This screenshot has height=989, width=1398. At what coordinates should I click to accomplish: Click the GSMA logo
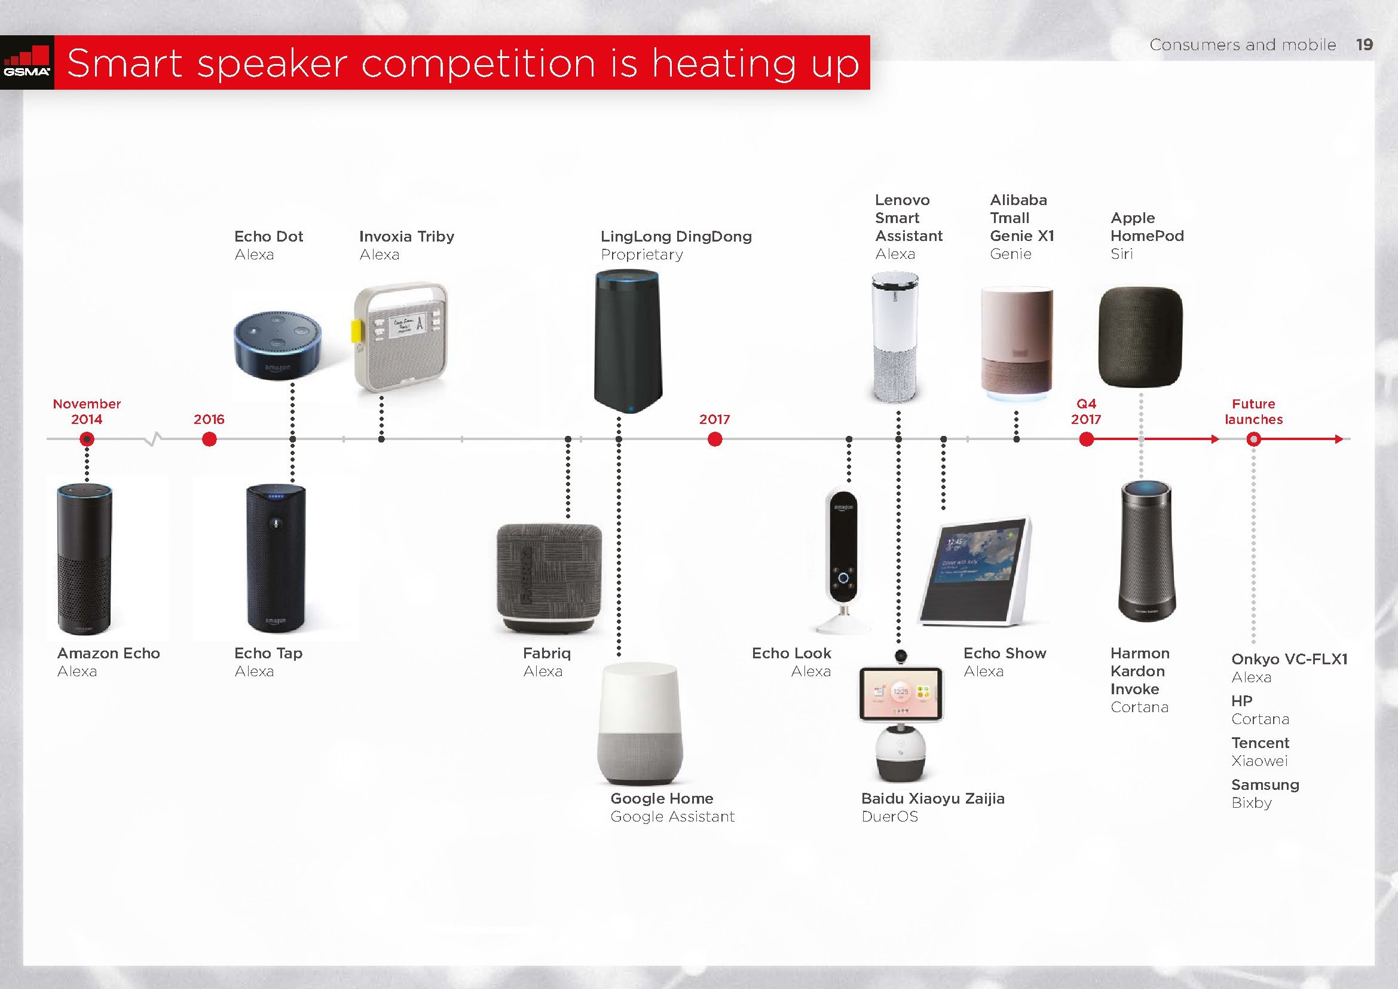(27, 63)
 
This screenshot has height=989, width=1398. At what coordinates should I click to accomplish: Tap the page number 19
(1365, 44)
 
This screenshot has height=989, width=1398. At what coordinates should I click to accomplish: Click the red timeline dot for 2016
(209, 439)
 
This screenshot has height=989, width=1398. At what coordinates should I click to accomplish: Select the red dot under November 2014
(87, 439)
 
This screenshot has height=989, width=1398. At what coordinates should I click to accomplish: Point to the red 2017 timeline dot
(715, 439)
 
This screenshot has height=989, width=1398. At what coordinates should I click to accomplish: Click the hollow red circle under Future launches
(1253, 439)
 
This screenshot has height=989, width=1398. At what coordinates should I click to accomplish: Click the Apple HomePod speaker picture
(1140, 337)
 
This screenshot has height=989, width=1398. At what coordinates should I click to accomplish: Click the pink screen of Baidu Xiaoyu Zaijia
(901, 693)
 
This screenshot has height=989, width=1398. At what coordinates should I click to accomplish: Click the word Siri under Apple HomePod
(1121, 254)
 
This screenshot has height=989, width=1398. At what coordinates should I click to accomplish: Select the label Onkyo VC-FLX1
(1290, 659)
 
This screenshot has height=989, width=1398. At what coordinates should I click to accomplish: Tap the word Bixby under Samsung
(1251, 802)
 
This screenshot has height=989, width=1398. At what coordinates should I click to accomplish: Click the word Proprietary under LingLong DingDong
(642, 255)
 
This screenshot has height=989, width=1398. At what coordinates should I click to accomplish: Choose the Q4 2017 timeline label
(1086, 411)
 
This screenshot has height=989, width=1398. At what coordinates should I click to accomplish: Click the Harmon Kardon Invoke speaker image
(1146, 551)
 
